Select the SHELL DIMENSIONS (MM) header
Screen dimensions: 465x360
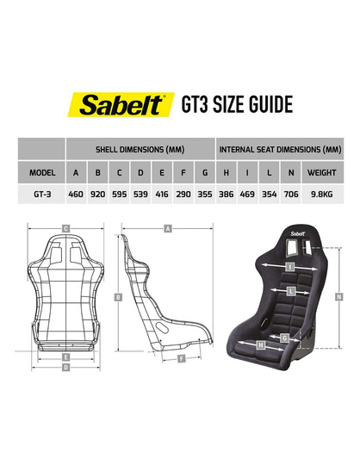(141, 148)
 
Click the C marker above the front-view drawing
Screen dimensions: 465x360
(65, 228)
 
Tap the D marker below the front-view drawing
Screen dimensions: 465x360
(65, 367)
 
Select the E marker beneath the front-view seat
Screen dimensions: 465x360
(65, 355)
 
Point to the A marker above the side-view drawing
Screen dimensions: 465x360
(168, 228)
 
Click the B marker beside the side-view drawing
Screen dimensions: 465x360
(116, 296)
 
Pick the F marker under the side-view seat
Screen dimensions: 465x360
(181, 356)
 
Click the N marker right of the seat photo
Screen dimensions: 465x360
(339, 296)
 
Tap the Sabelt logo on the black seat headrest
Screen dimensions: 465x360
(298, 232)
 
